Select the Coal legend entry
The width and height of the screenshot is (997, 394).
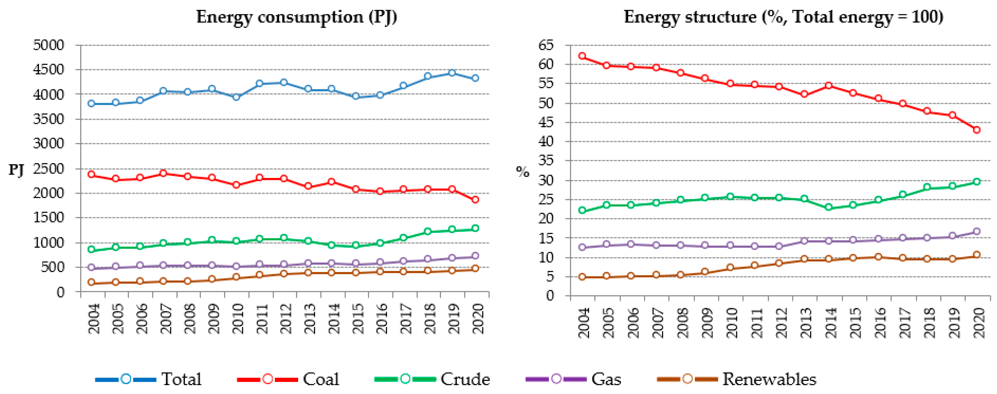pyautogui.click(x=321, y=379)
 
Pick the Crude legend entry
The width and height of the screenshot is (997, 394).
pyautogui.click(x=464, y=379)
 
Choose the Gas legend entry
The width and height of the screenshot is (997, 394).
pyautogui.click(x=606, y=379)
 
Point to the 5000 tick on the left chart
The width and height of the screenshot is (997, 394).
pyautogui.click(x=49, y=45)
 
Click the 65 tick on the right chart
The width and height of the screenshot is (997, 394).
pyautogui.click(x=546, y=45)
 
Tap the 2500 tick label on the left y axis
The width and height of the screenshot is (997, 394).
pyautogui.click(x=49, y=169)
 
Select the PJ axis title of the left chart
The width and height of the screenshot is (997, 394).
pyautogui.click(x=16, y=169)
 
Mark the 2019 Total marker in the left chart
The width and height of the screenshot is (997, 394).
pyautogui.click(x=452, y=73)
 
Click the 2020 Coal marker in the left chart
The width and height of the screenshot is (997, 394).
pyautogui.click(x=475, y=199)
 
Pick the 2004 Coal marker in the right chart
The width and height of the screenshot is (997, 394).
pyautogui.click(x=582, y=56)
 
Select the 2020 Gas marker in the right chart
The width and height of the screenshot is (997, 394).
pyautogui.click(x=976, y=231)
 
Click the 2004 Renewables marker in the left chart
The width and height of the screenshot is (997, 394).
pyautogui.click(x=91, y=282)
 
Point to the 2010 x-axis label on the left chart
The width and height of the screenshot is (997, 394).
pyautogui.click(x=237, y=318)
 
